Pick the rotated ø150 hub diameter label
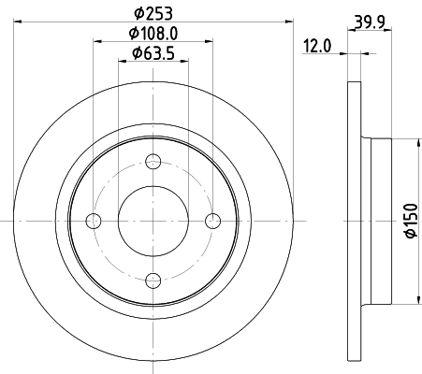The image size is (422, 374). pos(408,220)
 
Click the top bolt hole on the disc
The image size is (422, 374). pos(153,160)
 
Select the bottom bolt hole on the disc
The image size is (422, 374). pos(153,279)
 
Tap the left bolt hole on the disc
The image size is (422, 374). pos(94,220)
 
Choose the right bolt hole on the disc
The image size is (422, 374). pos(213,220)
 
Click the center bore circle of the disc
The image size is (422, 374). pos(153,220)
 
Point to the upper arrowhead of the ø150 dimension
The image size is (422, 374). pos(415,143)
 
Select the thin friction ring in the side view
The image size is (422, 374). pos(354,220)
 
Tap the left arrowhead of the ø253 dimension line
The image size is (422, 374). pos(19,22)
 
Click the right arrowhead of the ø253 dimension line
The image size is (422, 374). pos(291,22)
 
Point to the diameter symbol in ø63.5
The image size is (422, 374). pos(137,52)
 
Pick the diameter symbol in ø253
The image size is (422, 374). pos(138,12)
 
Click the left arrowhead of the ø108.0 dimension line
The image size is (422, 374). pos(96,42)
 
